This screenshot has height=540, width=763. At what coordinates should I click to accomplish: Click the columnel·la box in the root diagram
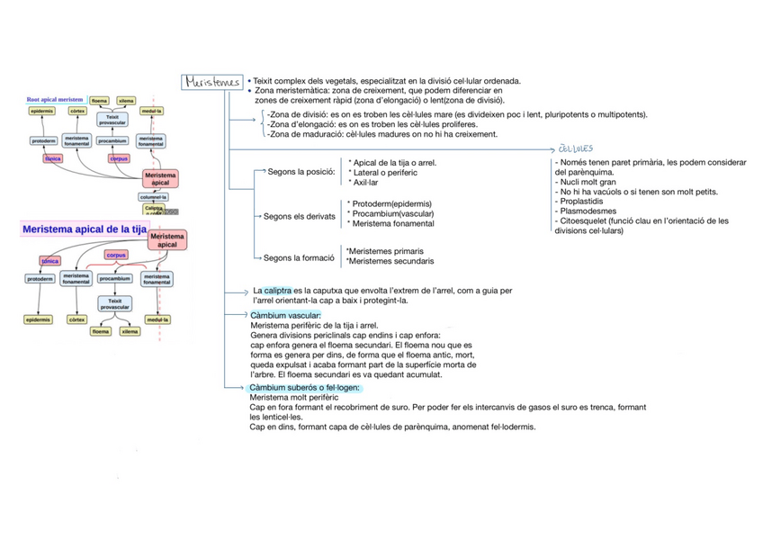click(153, 196)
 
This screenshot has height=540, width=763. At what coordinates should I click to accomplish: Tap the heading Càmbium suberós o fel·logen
click(305, 388)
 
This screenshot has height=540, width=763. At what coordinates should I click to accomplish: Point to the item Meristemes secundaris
click(390, 261)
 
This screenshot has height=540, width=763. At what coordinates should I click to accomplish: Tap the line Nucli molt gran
click(590, 181)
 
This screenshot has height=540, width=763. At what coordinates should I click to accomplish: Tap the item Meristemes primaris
click(385, 251)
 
